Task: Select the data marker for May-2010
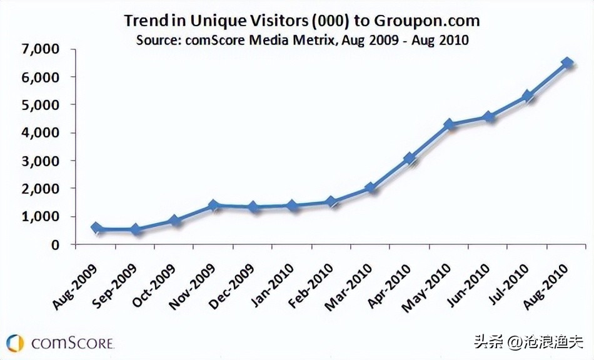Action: coord(450,125)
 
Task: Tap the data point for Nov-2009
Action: coord(214,205)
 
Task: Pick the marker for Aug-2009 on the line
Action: coord(96,228)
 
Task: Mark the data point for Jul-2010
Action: coord(528,96)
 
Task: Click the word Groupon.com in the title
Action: coord(427,20)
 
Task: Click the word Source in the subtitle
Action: coord(155,40)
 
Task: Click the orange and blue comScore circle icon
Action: coord(16,343)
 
